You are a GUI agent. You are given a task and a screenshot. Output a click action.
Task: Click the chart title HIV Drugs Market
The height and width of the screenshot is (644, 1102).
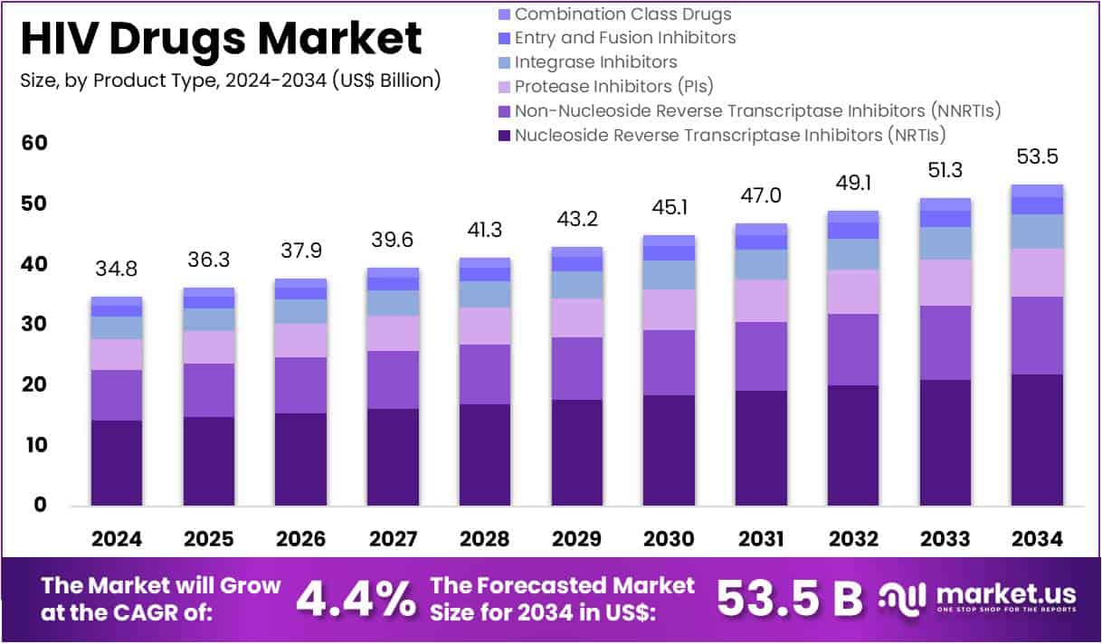(221, 39)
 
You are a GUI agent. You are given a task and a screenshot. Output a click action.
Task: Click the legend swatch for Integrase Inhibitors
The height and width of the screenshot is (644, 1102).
(505, 62)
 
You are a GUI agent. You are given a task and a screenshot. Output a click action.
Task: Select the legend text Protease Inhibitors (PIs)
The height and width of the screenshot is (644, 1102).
(613, 87)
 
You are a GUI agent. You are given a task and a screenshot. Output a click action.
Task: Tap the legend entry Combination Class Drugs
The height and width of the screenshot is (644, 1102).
(622, 14)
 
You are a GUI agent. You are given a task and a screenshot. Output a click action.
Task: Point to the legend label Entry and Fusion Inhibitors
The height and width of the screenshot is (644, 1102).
(624, 38)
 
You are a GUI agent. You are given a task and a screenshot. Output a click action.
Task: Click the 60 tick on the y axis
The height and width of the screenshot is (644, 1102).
(35, 143)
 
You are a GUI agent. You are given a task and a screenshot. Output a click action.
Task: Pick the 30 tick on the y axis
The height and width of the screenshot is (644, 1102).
(35, 324)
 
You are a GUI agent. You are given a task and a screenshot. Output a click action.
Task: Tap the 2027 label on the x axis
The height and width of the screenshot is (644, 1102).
(394, 539)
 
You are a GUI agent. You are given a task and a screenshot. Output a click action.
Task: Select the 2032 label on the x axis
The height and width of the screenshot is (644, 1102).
(854, 539)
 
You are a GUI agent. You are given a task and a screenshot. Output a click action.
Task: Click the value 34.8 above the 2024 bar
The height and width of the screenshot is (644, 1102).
(117, 269)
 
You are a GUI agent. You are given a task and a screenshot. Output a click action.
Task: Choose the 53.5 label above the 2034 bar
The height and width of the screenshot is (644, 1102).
(1037, 157)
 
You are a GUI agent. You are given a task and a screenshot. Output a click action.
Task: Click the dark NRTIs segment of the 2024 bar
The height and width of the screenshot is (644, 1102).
(117, 462)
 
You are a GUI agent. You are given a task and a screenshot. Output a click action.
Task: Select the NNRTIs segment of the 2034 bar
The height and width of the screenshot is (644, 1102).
(1037, 335)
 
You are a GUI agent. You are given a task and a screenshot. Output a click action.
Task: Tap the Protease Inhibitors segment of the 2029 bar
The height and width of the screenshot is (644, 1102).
(577, 317)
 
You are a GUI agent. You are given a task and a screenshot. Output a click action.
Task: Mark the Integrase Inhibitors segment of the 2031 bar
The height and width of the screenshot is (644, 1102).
(761, 264)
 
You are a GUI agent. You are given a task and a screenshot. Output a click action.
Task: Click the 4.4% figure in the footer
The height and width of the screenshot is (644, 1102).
(356, 598)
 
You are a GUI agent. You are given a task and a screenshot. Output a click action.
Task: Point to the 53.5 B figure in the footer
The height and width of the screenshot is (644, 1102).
(790, 598)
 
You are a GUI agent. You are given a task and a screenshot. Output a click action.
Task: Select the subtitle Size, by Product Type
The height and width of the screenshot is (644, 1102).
(230, 80)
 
